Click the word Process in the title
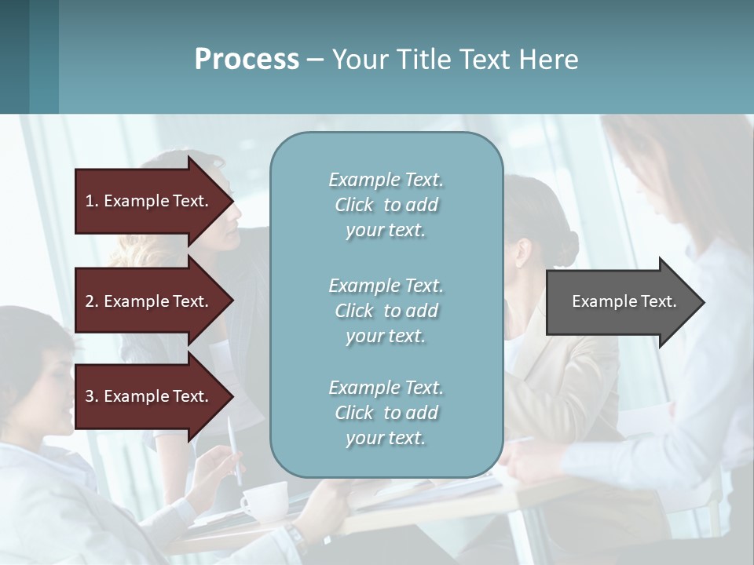(247, 60)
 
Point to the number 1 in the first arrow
(90, 201)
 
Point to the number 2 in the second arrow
(90, 301)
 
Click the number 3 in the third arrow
(90, 396)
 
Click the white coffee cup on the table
(265, 501)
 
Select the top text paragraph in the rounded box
(386, 205)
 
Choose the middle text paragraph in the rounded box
(386, 311)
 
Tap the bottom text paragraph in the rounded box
(386, 413)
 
